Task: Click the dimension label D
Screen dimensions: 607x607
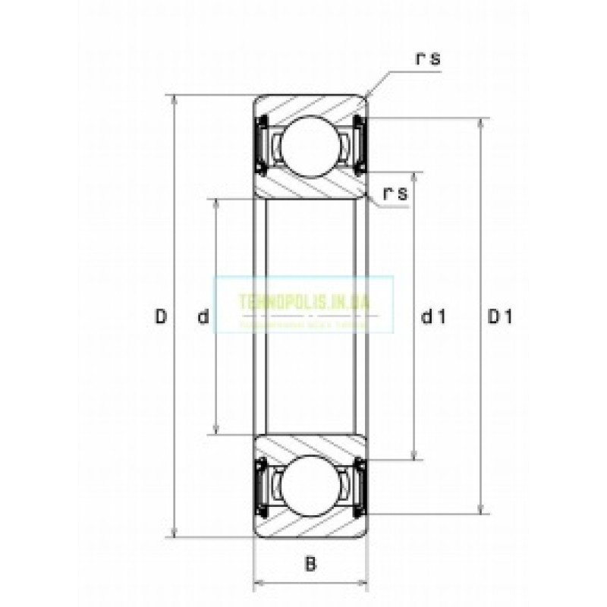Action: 161,316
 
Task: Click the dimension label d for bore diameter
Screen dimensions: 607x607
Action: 203,316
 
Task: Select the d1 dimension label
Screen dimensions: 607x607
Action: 432,317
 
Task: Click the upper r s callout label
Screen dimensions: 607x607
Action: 427,60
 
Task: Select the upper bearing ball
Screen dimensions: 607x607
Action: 310,144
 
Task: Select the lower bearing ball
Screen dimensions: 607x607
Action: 310,486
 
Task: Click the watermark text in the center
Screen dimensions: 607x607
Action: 303,301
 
